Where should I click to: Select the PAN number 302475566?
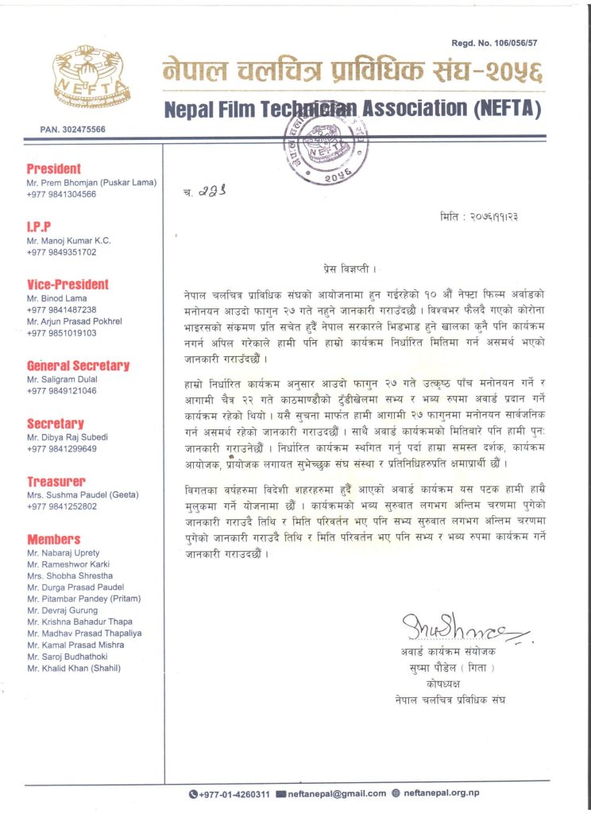(72, 129)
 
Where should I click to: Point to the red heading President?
(54, 169)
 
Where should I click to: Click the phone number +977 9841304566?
(61, 194)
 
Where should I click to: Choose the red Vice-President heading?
(68, 285)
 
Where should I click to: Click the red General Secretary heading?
(78, 366)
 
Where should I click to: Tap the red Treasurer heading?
(56, 482)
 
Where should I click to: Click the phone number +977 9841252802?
(61, 506)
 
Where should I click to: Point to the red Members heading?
(53, 539)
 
